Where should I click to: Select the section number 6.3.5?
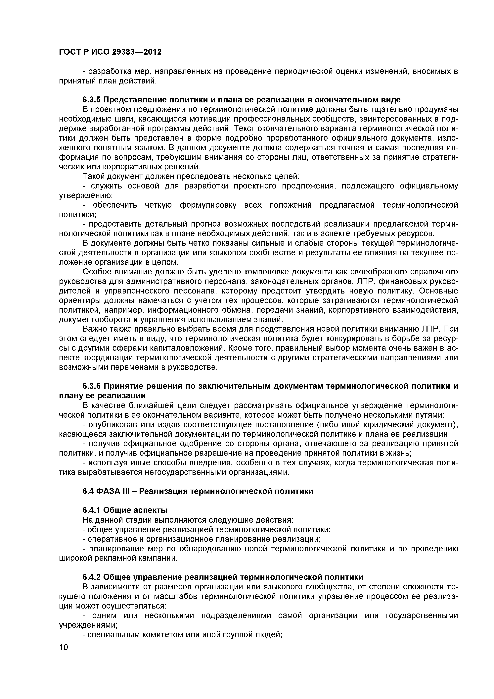click(91, 100)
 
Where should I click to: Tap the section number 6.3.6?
click(91, 386)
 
